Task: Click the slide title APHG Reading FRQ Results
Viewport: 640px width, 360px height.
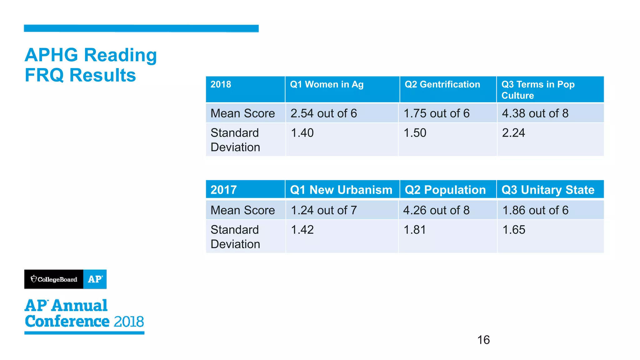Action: [91, 65]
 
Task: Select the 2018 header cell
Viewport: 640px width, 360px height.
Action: [221, 84]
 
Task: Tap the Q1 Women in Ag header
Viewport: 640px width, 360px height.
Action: [327, 84]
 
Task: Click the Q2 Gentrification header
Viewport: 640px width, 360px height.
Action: [442, 84]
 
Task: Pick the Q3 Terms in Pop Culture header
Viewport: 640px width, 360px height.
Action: [537, 90]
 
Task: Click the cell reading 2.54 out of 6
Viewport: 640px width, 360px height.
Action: [323, 113]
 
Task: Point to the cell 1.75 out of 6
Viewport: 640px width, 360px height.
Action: [436, 113]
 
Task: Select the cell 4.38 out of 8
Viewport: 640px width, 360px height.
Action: [535, 113]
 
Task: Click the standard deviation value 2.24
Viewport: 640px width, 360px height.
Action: [513, 133]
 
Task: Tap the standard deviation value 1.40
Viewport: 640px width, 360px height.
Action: [302, 133]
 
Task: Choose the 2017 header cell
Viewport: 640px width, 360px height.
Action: [223, 190]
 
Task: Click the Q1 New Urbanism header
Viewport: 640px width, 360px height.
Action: [341, 190]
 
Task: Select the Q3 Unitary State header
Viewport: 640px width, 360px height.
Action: [547, 190]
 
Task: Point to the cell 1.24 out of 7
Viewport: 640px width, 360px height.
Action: [323, 210]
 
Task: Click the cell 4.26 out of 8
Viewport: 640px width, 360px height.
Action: [436, 210]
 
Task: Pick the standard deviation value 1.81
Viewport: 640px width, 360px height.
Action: [414, 230]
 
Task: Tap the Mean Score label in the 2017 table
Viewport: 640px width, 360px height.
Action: [242, 210]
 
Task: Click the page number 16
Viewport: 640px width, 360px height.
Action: [483, 340]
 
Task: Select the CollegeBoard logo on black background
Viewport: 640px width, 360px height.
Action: [54, 279]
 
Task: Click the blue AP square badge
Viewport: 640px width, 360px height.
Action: [95, 279]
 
